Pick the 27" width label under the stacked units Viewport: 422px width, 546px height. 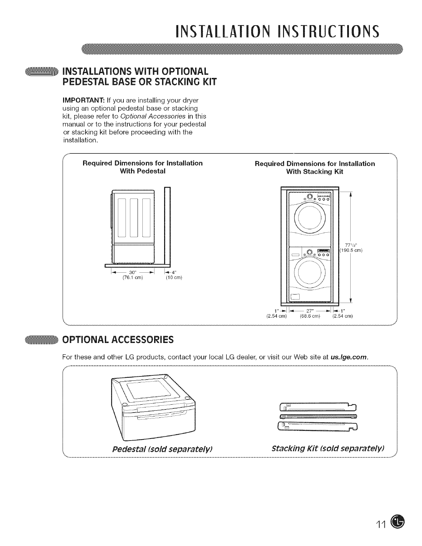(309, 311)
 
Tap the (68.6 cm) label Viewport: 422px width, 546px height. (310, 316)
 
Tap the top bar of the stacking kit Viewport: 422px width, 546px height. (318, 407)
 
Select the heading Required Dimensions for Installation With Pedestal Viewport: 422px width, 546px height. (142, 167)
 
